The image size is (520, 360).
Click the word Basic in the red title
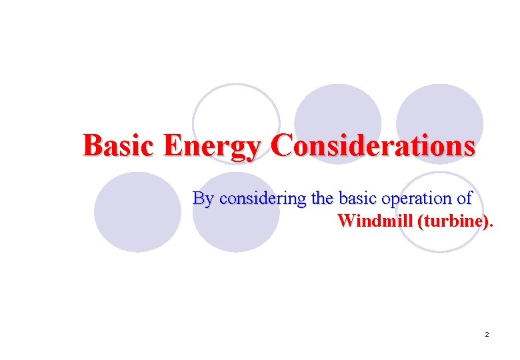(120, 145)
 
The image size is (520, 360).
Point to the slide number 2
(487, 334)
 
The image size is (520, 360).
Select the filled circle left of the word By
(137, 211)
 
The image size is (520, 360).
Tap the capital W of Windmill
(346, 221)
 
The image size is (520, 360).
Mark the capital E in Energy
(173, 145)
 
